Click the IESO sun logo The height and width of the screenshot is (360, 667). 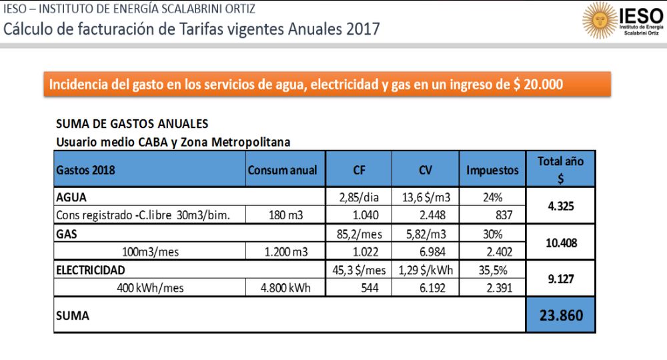[600, 21]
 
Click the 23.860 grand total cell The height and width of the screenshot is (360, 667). [560, 315]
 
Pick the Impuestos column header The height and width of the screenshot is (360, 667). [492, 170]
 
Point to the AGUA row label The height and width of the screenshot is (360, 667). [71, 197]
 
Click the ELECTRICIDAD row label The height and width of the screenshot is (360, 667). [91, 270]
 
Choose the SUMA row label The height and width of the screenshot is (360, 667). [72, 315]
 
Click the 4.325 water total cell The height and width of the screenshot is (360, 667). [561, 206]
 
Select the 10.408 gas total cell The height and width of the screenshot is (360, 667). [561, 243]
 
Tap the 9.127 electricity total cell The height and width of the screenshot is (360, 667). [561, 279]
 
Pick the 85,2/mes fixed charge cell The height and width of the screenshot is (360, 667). [360, 234]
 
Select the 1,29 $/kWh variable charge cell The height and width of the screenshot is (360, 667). [425, 270]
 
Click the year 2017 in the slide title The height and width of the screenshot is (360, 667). [362, 29]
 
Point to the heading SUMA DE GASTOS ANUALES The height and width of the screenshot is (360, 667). [132, 124]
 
